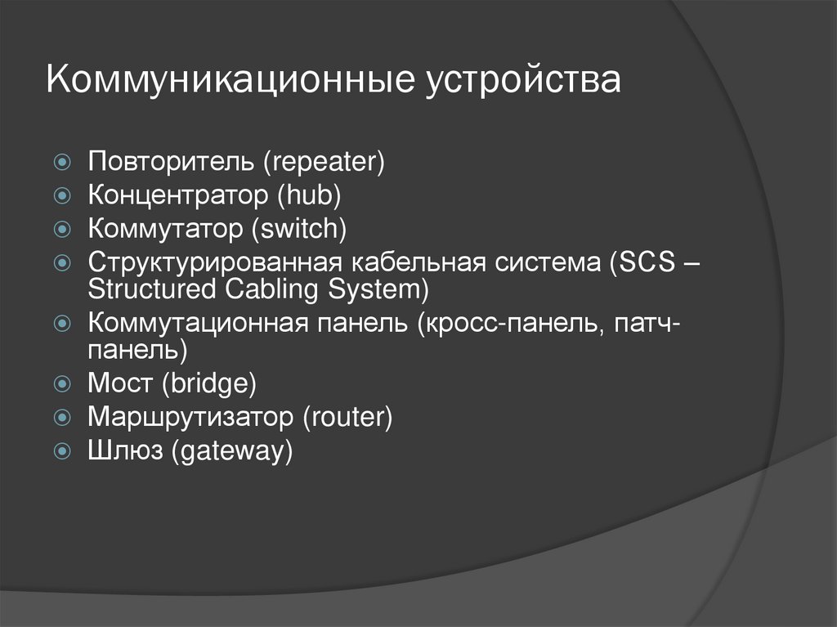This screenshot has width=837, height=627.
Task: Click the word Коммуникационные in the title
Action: tap(230, 82)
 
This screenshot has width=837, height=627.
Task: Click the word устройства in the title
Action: tap(522, 82)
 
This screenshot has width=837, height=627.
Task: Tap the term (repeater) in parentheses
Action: tap(323, 161)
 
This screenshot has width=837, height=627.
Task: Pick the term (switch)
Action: tap(300, 229)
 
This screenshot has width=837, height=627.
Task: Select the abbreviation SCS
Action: tap(652, 265)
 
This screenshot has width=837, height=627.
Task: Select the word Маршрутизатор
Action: tap(190, 417)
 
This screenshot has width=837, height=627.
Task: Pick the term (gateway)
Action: tap(231, 452)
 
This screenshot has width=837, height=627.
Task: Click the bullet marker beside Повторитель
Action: tap(62, 161)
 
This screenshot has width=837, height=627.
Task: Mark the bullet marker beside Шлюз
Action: tap(62, 451)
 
